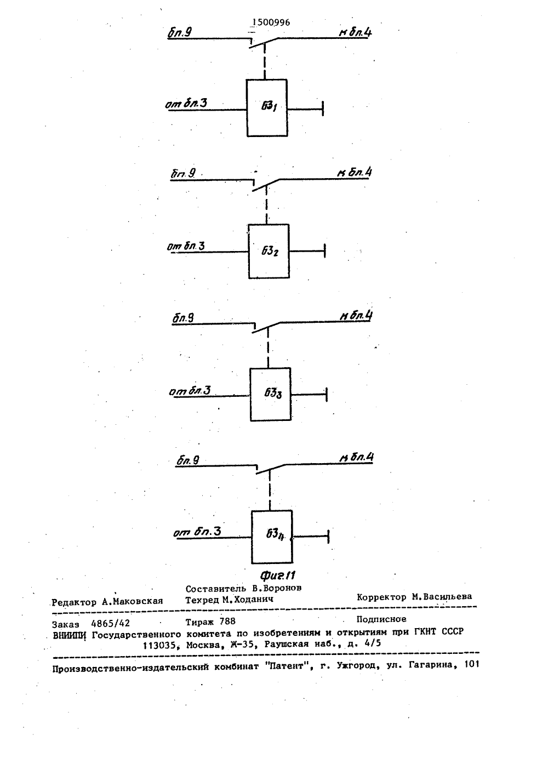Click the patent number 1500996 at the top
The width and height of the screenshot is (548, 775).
coord(271,22)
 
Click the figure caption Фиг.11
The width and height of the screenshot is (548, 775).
coord(278,575)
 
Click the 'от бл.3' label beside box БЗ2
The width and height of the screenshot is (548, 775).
coord(186,246)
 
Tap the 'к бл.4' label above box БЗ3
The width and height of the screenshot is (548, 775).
coord(356,316)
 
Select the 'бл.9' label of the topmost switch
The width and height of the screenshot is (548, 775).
coord(180,32)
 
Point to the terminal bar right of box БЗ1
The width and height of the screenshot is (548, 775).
coord(323,109)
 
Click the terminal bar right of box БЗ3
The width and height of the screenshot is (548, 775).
coord(327,395)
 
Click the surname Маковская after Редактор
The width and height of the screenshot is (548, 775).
coord(133,601)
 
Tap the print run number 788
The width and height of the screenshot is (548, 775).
coord(227,622)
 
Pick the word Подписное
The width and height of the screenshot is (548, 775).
coord(381,619)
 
